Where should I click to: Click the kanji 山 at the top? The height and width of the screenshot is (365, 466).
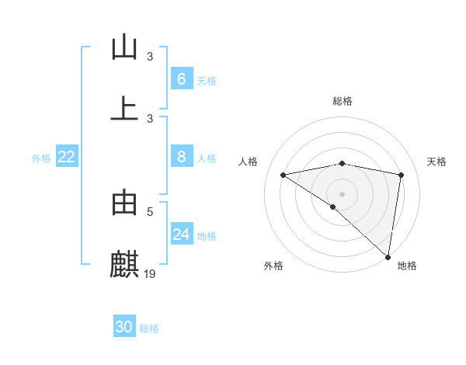[124, 47]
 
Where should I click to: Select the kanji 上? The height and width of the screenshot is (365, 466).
[124, 108]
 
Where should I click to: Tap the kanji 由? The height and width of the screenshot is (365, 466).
[124, 203]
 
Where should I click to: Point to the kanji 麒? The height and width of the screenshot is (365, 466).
[124, 264]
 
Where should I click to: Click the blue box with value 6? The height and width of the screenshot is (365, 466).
[182, 78]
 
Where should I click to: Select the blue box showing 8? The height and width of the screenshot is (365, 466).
[182, 157]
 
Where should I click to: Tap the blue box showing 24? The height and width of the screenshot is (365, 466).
[182, 235]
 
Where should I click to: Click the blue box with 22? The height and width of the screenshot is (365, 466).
[67, 157]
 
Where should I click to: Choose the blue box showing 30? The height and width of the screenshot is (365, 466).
[124, 327]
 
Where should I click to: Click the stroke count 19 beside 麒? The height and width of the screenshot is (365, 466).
[151, 273]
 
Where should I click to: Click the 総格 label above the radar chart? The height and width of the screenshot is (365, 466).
[343, 101]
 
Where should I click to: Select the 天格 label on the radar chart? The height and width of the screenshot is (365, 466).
[437, 162]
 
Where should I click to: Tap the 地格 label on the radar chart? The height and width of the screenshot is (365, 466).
[407, 266]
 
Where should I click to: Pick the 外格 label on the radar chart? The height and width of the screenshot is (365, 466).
[273, 266]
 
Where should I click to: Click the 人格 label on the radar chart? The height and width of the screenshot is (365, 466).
[248, 162]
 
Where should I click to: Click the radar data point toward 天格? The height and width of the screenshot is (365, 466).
[402, 175]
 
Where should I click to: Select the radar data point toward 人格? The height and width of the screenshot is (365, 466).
[283, 175]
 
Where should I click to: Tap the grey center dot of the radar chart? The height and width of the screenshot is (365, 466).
[343, 193]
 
